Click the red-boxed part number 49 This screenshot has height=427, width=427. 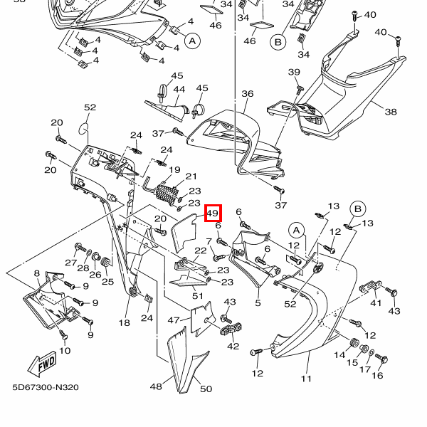pyautogui.click(x=213, y=213)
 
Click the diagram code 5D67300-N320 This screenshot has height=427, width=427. pyautogui.click(x=45, y=388)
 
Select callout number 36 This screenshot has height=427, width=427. pyautogui.click(x=247, y=94)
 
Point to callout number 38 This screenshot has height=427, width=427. pyautogui.click(x=391, y=112)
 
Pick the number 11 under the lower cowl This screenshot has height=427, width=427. pyautogui.click(x=306, y=379)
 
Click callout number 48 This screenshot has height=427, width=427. pyautogui.click(x=156, y=386)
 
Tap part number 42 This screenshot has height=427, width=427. pyautogui.click(x=233, y=346)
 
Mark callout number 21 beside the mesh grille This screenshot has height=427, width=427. pyautogui.click(x=191, y=176)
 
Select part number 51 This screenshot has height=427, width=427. pyautogui.click(x=198, y=296)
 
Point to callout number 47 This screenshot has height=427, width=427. pyautogui.click(x=174, y=320)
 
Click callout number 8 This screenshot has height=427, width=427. pyautogui.click(x=37, y=273)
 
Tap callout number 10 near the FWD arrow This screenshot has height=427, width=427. pyautogui.click(x=64, y=350)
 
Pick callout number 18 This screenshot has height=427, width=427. pyautogui.click(x=124, y=323)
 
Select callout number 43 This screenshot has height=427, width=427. pyautogui.click(x=394, y=311)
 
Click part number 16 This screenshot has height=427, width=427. pyautogui.click(x=377, y=375)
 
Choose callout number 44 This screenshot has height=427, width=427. pyautogui.click(x=159, y=90)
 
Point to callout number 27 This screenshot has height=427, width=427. pyautogui.click(x=70, y=263)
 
